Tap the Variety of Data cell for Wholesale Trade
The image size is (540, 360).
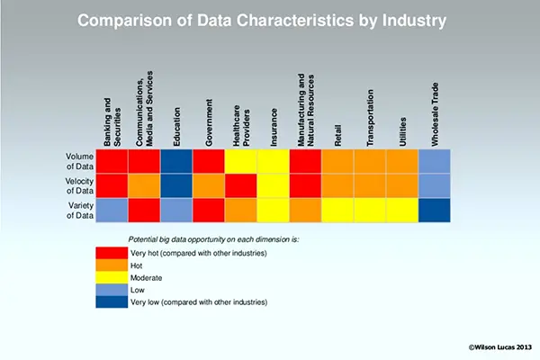point(434,210)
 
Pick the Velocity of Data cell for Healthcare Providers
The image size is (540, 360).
point(241,184)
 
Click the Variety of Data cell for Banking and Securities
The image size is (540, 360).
point(112,210)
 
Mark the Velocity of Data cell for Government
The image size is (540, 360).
point(209,184)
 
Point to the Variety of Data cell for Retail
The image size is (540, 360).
point(337,210)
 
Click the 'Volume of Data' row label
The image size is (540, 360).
point(78,160)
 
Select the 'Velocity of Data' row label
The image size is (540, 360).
point(78,184)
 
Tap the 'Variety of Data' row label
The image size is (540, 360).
point(78,210)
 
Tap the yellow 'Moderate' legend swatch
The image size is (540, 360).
point(112,278)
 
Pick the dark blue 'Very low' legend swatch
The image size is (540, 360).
point(112,302)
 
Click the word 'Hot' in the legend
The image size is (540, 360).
point(137,265)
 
